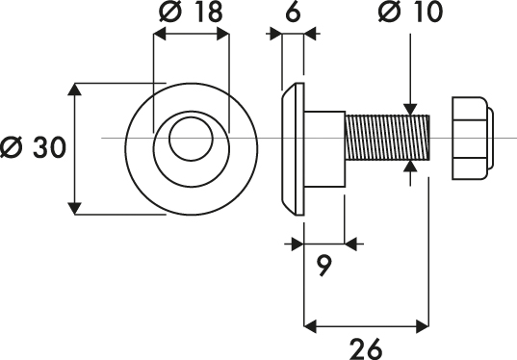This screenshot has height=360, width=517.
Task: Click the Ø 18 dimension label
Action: click(191, 12)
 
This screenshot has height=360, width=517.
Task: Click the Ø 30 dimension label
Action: click(33, 147)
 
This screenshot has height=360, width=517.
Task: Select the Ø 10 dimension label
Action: click(410, 12)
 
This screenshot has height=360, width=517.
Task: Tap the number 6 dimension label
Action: click(293, 12)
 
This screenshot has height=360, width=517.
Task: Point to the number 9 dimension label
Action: click(324, 266)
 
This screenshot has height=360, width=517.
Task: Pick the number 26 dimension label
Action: click(366, 348)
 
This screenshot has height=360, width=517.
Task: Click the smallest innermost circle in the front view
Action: click(191, 117)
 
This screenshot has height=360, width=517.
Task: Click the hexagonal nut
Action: click(469, 139)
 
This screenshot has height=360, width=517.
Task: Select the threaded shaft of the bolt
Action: click(387, 138)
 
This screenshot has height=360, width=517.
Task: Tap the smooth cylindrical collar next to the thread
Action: click(324, 149)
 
